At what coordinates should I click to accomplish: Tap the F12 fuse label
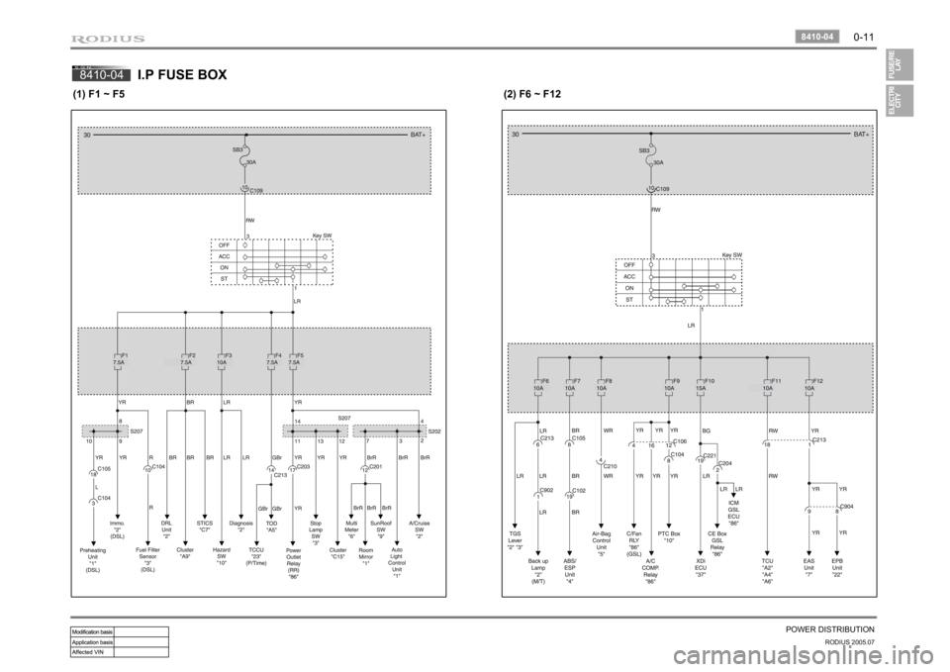coord(816,380)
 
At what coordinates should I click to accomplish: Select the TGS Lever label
coord(515,541)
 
